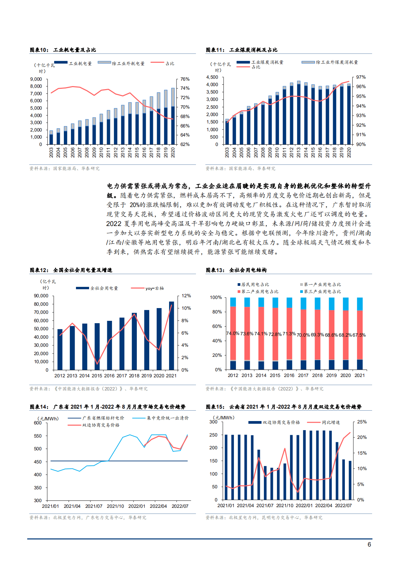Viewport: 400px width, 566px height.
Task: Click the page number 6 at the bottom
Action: click(369, 544)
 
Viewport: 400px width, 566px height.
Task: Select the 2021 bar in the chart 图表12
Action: click(171, 336)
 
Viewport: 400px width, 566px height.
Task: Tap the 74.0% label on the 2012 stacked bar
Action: click(233, 334)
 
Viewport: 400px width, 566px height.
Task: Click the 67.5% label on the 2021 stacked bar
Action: click(359, 335)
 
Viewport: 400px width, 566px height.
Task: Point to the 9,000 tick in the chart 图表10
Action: click(36, 79)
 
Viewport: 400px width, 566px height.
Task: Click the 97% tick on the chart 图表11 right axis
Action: click(361, 77)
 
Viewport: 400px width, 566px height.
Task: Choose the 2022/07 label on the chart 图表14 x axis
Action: click(180, 506)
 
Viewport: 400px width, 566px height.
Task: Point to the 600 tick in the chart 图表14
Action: click(38, 423)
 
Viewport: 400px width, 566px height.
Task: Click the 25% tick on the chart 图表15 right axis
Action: click(362, 422)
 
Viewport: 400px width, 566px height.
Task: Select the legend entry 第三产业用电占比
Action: click(322, 292)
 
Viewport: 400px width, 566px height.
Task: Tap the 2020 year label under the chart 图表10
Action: click(173, 152)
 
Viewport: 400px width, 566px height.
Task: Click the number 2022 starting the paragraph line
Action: click(114, 224)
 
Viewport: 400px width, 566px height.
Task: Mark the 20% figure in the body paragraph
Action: click(134, 205)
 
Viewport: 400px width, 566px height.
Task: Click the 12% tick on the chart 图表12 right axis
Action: click(186, 296)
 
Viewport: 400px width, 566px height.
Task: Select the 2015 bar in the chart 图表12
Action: click(97, 346)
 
